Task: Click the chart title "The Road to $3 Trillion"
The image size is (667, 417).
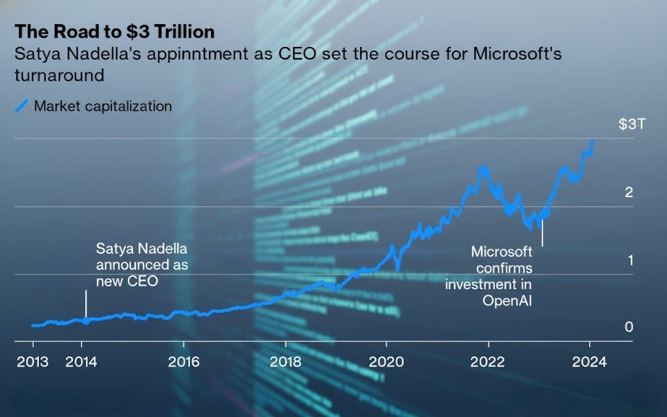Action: pos(115,31)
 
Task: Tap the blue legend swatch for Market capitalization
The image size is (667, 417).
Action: pos(21,106)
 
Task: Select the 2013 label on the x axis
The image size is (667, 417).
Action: pos(33,362)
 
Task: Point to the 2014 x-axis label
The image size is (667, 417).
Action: pos(81,362)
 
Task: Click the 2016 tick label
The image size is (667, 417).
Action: pos(184,362)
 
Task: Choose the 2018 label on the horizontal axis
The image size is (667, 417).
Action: pos(285,362)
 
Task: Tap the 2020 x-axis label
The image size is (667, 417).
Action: pos(387,362)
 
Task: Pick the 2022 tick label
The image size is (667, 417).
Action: pos(489,362)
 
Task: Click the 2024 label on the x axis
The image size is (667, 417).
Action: pos(589,362)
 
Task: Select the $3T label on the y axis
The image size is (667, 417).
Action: pos(631,124)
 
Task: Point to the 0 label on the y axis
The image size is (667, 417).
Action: pos(629,327)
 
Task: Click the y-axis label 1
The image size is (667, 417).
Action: pos(629,260)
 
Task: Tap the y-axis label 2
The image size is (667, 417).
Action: pos(629,192)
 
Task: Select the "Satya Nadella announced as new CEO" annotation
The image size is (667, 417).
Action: pos(142,265)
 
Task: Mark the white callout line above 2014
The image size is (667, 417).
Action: pos(85,304)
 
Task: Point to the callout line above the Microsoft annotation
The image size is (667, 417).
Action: pos(542,233)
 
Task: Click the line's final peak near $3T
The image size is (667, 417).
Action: pos(592,140)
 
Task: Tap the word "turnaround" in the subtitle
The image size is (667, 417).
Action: pos(59,75)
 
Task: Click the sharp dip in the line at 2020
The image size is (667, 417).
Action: pos(397,268)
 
